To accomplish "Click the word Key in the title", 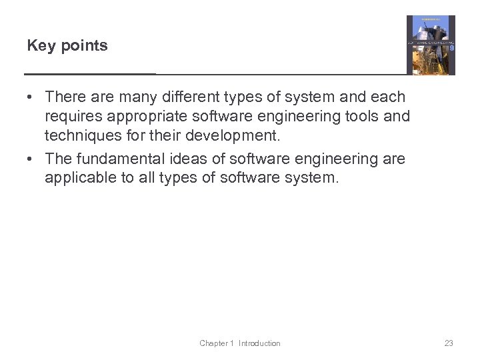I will click(x=39, y=46).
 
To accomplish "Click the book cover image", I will click(x=431, y=45).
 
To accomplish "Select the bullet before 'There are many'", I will click(x=31, y=97).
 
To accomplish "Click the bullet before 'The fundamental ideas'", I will click(x=31, y=159).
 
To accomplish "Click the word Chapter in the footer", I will click(x=213, y=343).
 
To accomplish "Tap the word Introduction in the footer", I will click(x=259, y=343).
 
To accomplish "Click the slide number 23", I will click(x=449, y=343).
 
